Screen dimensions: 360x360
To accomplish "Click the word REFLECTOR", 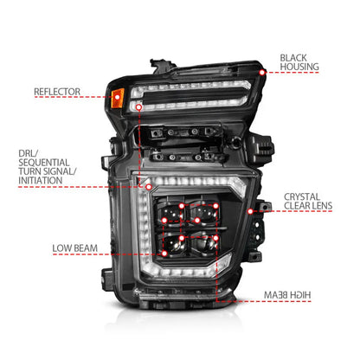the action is (x=57, y=92).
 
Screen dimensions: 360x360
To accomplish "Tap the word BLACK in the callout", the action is (x=293, y=58).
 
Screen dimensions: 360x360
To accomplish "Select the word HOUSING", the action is (x=299, y=67).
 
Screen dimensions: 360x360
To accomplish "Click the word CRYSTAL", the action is (x=302, y=196).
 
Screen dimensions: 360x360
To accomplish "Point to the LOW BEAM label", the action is (x=75, y=248).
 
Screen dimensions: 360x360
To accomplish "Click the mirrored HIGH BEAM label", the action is (x=287, y=295).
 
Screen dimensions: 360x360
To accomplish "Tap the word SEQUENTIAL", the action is (x=44, y=163).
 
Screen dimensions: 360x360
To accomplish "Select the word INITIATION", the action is (x=41, y=181).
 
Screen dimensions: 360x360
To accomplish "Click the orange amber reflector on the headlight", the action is (x=118, y=98).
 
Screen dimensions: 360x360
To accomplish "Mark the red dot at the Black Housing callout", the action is (x=262, y=73).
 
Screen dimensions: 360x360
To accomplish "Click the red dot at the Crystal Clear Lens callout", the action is (x=250, y=211).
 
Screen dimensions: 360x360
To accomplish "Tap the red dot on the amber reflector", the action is (x=117, y=97).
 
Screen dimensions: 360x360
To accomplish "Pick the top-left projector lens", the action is (x=171, y=213).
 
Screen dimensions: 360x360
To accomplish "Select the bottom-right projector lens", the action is (x=205, y=243).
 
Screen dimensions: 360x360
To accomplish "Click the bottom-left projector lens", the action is (x=172, y=244).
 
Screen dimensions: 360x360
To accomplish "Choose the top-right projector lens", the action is (x=204, y=213).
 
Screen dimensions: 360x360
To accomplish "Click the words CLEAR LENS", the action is (x=308, y=206).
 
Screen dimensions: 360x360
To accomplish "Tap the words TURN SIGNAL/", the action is (x=48, y=171).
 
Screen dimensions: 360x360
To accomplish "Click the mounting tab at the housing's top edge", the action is (x=158, y=65).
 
